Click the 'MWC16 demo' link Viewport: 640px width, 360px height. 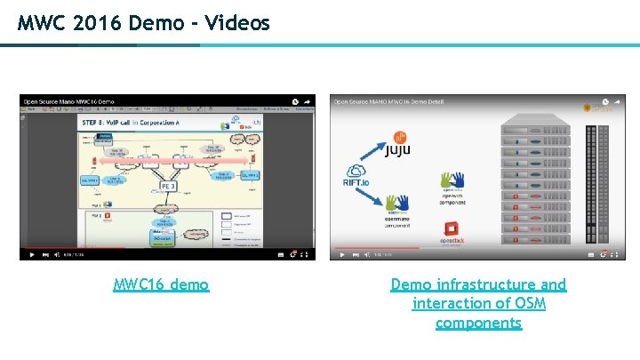(161, 284)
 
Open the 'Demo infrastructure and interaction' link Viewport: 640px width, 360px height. (478, 284)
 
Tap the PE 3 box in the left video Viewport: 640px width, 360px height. (168, 187)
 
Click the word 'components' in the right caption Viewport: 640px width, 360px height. (478, 323)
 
